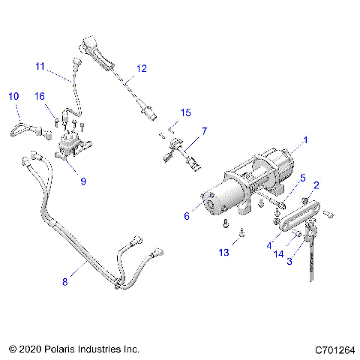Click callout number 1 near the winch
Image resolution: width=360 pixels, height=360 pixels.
[x=305, y=140]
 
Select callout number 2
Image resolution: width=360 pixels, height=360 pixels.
[x=316, y=185]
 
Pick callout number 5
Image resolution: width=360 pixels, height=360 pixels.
[x=303, y=178]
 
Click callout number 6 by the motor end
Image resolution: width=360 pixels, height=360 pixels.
[x=187, y=215]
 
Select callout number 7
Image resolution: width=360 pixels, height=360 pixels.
[x=205, y=130]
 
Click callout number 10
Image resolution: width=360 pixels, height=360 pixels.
[x=13, y=96]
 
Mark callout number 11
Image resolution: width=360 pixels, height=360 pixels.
[x=40, y=65]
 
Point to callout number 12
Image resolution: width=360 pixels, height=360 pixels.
[x=142, y=68]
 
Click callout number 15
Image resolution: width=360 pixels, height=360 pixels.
[x=185, y=112]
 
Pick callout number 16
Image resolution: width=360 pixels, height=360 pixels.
[x=39, y=96]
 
